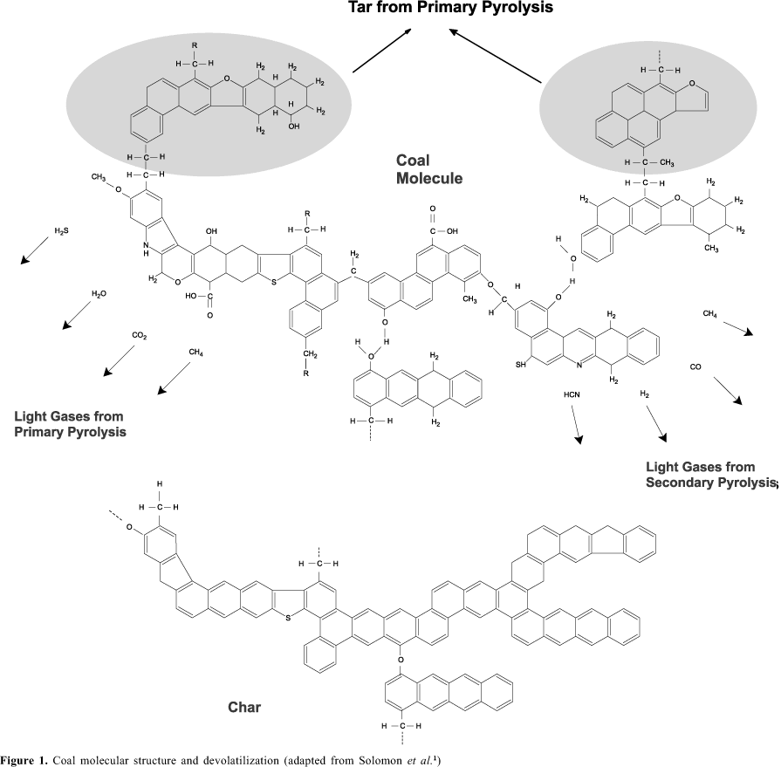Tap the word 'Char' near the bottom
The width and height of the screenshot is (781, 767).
click(243, 707)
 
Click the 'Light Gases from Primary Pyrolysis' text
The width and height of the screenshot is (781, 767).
click(70, 423)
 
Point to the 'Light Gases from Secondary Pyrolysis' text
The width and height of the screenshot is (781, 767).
click(710, 475)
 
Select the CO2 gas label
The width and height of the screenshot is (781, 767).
click(140, 335)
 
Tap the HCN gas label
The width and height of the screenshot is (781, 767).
click(572, 394)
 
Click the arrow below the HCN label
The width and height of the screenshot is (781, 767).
click(576, 428)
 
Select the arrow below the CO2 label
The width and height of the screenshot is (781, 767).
click(120, 360)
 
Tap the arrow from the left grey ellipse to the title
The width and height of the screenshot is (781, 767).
click(381, 50)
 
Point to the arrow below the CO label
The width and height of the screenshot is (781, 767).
click(727, 391)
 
